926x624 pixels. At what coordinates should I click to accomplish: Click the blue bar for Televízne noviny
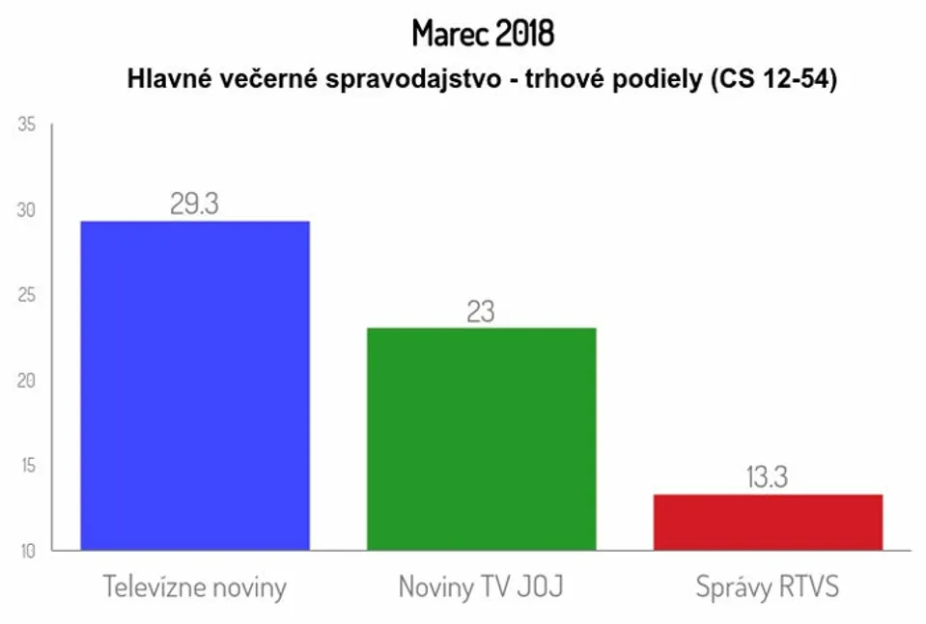pyautogui.click(x=195, y=386)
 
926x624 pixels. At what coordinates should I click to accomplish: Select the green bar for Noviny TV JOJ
pyautogui.click(x=481, y=440)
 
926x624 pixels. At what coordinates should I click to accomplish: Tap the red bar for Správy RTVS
pyautogui.click(x=768, y=523)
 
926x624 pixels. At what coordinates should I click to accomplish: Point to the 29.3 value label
pyautogui.click(x=194, y=203)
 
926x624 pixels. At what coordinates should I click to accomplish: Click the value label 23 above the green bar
pyautogui.click(x=481, y=312)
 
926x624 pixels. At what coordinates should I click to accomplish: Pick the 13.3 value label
pyautogui.click(x=767, y=477)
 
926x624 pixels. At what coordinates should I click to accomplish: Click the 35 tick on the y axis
pyautogui.click(x=27, y=124)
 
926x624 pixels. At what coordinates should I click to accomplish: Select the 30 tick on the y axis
pyautogui.click(x=27, y=210)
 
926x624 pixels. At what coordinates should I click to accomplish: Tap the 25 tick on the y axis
pyautogui.click(x=27, y=295)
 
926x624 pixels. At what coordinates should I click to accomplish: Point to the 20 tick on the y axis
pyautogui.click(x=27, y=380)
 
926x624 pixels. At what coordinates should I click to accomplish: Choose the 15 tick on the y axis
pyautogui.click(x=28, y=465)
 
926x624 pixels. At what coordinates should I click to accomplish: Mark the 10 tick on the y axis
pyautogui.click(x=28, y=551)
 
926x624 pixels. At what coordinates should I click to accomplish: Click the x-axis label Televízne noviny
pyautogui.click(x=195, y=586)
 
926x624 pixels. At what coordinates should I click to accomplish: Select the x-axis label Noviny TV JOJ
pyautogui.click(x=481, y=586)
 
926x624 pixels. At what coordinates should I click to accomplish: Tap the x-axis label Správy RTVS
pyautogui.click(x=768, y=586)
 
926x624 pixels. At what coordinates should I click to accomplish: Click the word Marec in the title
pyautogui.click(x=450, y=33)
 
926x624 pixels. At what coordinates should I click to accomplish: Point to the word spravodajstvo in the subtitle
pyautogui.click(x=413, y=79)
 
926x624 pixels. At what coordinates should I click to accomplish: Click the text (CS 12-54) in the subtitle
pyautogui.click(x=773, y=79)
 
